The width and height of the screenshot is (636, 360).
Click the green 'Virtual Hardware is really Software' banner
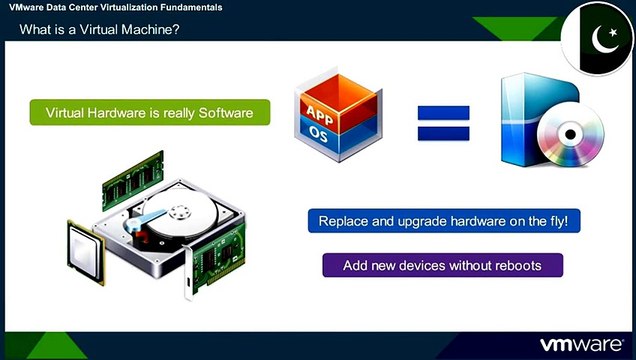tap(150, 113)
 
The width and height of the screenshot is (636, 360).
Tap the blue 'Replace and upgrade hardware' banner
tap(443, 221)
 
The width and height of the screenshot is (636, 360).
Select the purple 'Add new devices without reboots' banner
tap(442, 265)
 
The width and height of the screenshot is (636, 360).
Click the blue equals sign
tap(444, 121)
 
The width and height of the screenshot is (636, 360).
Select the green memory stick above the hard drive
tap(134, 172)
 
